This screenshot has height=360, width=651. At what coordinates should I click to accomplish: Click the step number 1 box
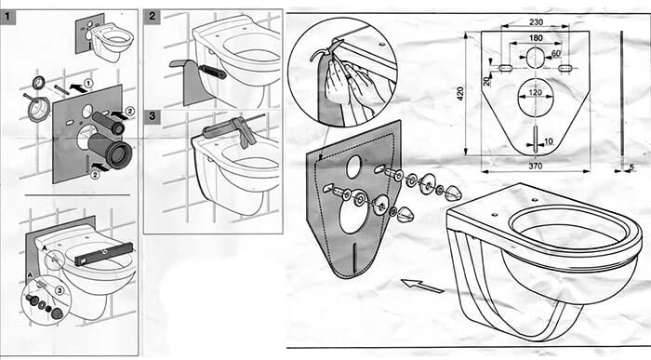(8, 17)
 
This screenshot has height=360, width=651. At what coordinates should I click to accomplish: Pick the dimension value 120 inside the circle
(534, 93)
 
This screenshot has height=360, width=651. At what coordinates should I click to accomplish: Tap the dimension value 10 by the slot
(548, 140)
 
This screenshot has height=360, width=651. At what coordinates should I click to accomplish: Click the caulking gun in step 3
(228, 129)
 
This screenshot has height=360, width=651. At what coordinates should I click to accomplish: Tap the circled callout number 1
(86, 84)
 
